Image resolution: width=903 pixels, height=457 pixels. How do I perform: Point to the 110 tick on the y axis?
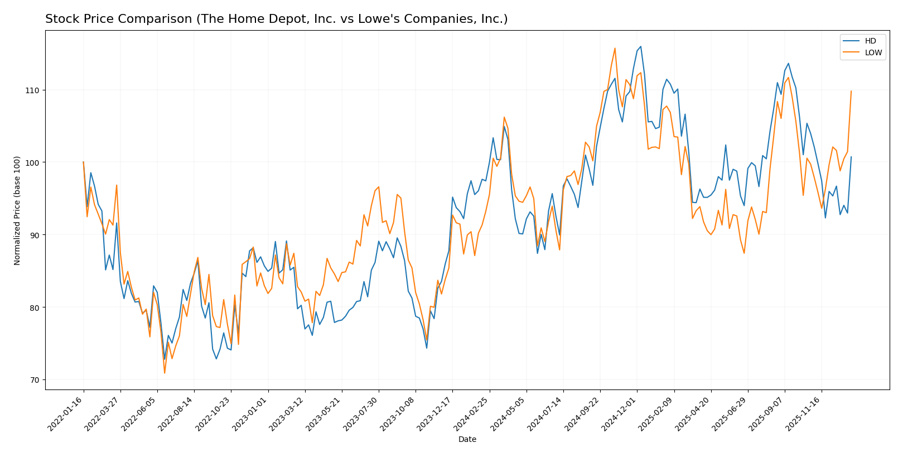pyautogui.click(x=32, y=90)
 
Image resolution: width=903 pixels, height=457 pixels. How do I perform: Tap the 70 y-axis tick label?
pyautogui.click(x=33, y=380)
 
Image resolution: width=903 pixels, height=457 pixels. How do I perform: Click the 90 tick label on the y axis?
pyautogui.click(x=33, y=235)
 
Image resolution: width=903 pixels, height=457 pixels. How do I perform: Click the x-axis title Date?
pyautogui.click(x=467, y=440)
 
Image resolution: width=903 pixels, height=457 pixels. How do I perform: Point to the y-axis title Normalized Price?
pyautogui.click(x=17, y=210)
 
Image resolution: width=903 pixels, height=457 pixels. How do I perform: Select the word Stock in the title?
pyautogui.click(x=60, y=20)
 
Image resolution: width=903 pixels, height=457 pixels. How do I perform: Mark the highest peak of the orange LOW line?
pyautogui.click(x=615, y=48)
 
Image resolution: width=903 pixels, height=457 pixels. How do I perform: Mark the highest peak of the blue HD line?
pyautogui.click(x=640, y=46)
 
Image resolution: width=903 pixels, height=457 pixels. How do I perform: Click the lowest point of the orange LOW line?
pyautogui.click(x=165, y=373)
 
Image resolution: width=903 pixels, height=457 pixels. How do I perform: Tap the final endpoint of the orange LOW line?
pyautogui.click(x=851, y=91)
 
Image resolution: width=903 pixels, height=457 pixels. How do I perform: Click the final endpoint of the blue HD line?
pyautogui.click(x=851, y=157)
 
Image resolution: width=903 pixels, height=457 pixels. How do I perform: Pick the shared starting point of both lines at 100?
pyautogui.click(x=84, y=162)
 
